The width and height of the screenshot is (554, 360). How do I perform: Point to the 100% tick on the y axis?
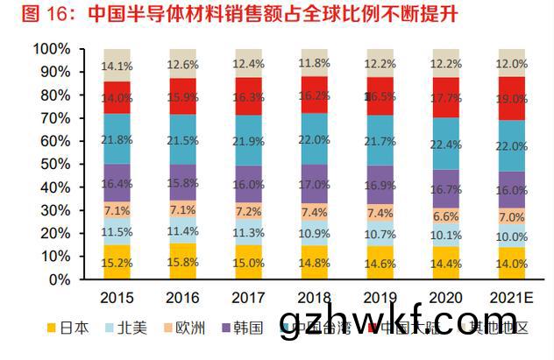click(x=55, y=49)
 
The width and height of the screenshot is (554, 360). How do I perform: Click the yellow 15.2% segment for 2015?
click(x=117, y=262)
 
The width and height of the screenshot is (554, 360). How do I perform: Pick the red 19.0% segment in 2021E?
click(x=510, y=99)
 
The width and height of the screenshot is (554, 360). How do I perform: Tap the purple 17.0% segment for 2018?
click(x=314, y=184)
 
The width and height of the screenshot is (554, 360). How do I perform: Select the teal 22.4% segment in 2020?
click(x=444, y=144)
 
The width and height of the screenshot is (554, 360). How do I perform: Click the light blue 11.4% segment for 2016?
click(x=183, y=230)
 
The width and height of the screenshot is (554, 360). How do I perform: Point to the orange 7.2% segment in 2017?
click(x=248, y=211)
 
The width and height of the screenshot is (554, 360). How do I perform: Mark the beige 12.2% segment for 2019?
click(x=380, y=63)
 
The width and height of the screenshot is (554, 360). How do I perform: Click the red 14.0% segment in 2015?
click(x=117, y=98)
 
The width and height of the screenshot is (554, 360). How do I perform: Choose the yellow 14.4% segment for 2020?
click(x=444, y=263)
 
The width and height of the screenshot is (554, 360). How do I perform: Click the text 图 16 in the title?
click(x=29, y=15)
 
